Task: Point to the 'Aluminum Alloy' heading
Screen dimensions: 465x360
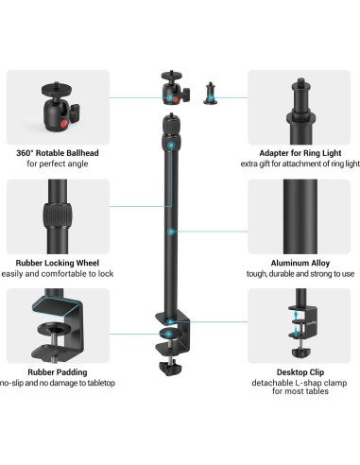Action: (298, 263)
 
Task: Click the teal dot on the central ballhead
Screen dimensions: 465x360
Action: (170, 96)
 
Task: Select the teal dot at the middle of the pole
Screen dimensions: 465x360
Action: (170, 230)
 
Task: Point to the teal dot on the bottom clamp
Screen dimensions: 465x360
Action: (170, 333)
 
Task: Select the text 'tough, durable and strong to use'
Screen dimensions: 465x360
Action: (298, 274)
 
